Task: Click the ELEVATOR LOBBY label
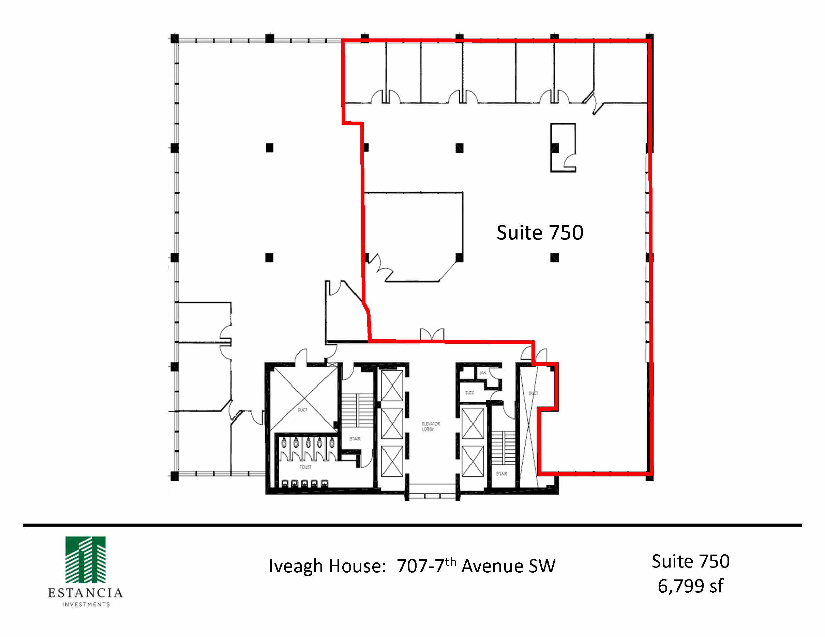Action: (x=431, y=426)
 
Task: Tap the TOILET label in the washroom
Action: (x=305, y=467)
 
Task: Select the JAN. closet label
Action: (x=482, y=373)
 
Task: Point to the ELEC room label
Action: (x=469, y=393)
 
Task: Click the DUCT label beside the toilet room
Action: (x=302, y=410)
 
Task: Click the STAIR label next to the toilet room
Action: (x=355, y=439)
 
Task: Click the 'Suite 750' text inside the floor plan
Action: (x=539, y=232)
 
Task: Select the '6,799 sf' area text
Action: (x=690, y=586)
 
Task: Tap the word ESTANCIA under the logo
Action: (x=85, y=593)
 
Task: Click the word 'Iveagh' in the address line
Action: (x=296, y=566)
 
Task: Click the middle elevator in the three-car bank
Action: (x=392, y=424)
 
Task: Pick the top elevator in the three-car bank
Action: (x=392, y=386)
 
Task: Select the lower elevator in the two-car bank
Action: (x=472, y=461)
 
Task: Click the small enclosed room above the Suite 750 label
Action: (x=563, y=147)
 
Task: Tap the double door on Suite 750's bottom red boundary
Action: (x=432, y=335)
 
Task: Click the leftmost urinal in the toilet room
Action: (x=284, y=442)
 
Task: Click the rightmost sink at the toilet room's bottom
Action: (x=324, y=483)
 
